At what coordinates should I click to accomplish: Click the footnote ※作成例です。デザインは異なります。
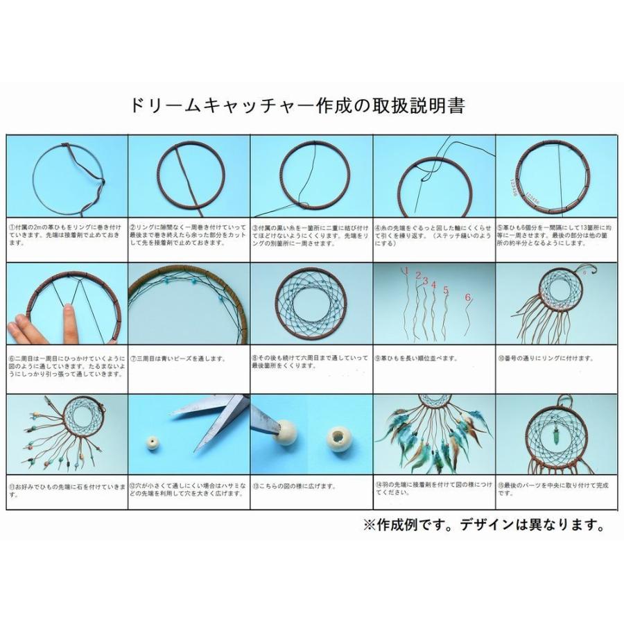click(483, 525)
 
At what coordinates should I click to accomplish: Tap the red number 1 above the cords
click(407, 271)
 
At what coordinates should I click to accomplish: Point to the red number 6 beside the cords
click(468, 297)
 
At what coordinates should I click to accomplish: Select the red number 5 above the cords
click(446, 290)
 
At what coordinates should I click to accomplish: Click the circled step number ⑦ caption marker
click(134, 358)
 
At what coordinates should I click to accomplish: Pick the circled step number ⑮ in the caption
click(499, 485)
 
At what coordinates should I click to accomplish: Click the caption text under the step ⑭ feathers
click(433, 489)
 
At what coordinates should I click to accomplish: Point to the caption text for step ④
click(433, 234)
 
